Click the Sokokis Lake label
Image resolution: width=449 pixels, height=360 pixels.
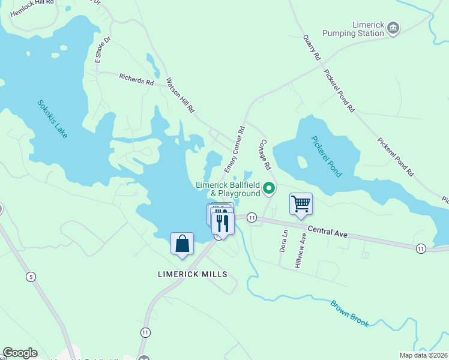tap(53, 119)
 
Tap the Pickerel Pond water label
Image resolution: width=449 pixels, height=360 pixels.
tap(327, 157)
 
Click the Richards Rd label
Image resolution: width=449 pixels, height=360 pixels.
tap(136, 79)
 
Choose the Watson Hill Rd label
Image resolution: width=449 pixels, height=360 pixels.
tap(181, 95)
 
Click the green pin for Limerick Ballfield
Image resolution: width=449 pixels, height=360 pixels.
tap(270, 189)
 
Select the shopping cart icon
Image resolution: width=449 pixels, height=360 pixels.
tap(301, 203)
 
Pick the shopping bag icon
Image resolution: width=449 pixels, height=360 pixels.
tap(182, 244)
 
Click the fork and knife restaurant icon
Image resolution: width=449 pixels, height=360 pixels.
tap(223, 223)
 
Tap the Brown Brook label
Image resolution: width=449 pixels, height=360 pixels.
tap(349, 313)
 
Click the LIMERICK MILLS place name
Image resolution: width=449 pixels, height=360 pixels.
tap(193, 274)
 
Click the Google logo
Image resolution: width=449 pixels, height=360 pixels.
tap(20, 353)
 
